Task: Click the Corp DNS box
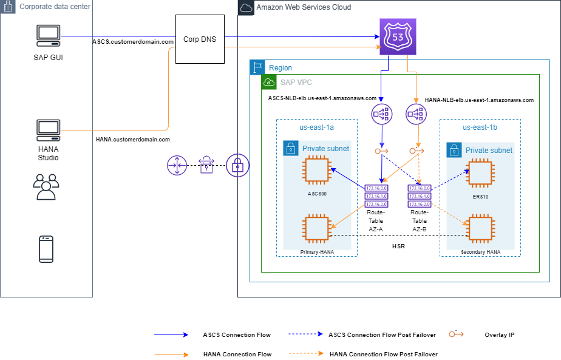[x=199, y=39]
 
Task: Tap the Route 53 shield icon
[x=398, y=37]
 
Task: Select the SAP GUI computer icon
[x=48, y=37]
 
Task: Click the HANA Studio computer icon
[x=48, y=131]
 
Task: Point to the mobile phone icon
[x=46, y=249]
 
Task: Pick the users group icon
[x=46, y=186]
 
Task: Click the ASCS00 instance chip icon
[x=316, y=169]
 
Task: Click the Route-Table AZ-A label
[x=376, y=221]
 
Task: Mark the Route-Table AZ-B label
[x=420, y=221]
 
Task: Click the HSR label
[x=398, y=247]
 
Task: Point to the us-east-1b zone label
[x=480, y=127]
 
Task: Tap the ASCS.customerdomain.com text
[x=133, y=42]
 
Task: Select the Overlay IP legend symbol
[x=457, y=335]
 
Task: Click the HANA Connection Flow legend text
[x=237, y=354]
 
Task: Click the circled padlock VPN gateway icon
[x=237, y=165]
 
